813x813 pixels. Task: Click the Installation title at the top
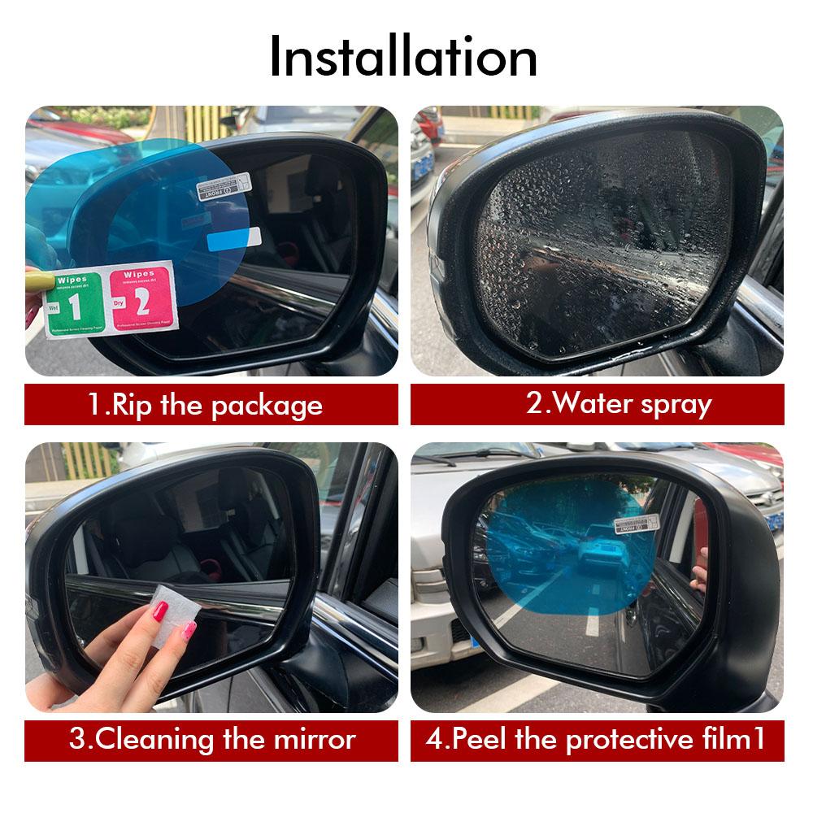tap(403, 57)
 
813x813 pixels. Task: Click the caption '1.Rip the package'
tap(205, 405)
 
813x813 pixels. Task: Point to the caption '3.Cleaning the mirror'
tap(211, 740)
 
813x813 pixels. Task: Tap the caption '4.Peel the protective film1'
tap(597, 740)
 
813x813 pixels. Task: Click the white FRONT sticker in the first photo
tap(225, 189)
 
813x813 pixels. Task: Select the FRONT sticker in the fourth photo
tap(637, 522)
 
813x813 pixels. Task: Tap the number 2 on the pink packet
tap(141, 306)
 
